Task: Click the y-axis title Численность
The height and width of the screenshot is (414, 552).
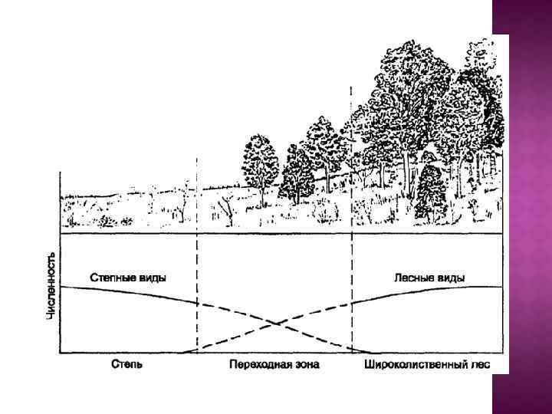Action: (51, 284)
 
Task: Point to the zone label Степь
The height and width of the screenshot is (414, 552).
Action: (125, 363)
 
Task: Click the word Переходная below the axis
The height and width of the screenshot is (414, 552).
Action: (257, 363)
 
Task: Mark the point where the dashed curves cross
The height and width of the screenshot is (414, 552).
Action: (274, 323)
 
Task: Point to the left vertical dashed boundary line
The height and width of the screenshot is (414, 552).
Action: (197, 253)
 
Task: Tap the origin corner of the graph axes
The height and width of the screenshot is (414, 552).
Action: (61, 353)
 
